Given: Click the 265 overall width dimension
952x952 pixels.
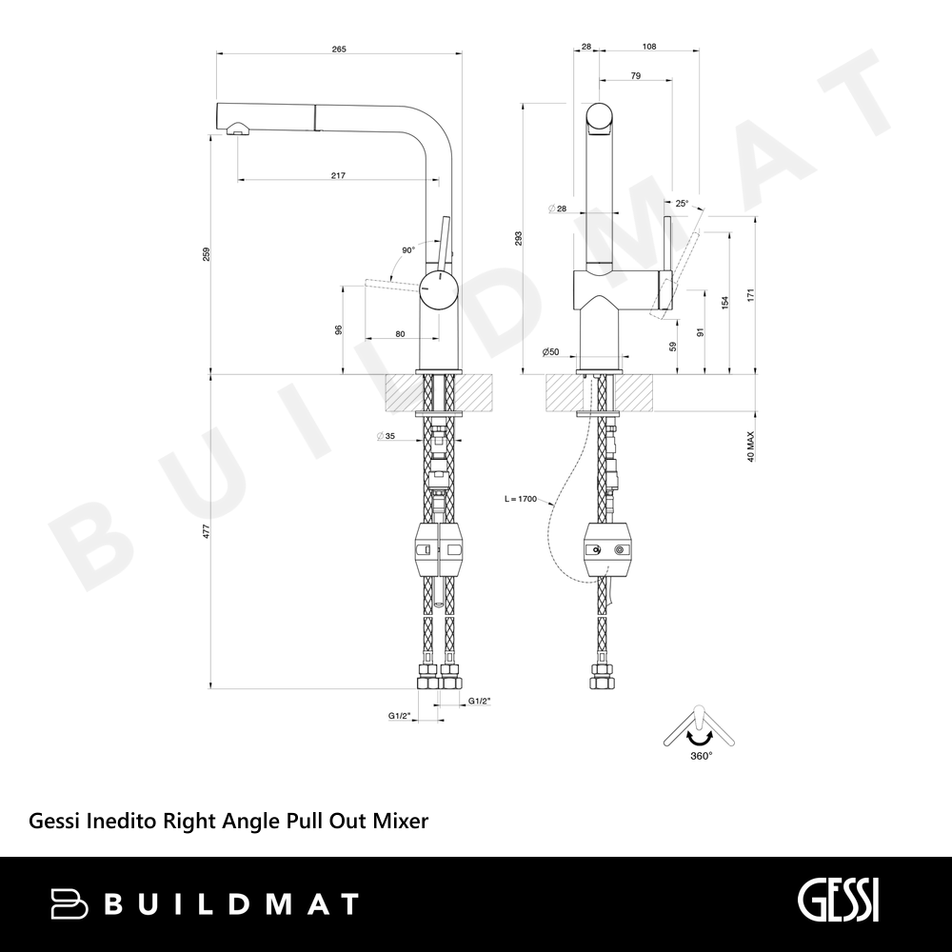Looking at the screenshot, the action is [339, 50].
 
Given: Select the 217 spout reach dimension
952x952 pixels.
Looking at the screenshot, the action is [338, 175].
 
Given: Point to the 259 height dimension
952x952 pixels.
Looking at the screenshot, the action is [207, 254].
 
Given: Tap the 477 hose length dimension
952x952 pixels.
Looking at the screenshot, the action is [207, 531].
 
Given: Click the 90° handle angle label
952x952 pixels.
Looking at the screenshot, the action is [408, 249].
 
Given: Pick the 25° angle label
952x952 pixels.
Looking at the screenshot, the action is [682, 204].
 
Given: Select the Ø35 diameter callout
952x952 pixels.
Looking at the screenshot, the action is [386, 436].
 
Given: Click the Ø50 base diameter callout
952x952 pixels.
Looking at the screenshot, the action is [550, 351].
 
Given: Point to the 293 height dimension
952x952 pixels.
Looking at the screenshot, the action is [518, 239].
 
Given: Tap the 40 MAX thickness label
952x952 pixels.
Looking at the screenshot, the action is [750, 446].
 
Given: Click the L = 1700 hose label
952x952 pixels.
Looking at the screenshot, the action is [521, 499].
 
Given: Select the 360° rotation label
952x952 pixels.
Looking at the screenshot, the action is [702, 756].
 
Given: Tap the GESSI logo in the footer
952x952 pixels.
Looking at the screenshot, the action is [838, 901].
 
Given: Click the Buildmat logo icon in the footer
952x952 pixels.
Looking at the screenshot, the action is [69, 903].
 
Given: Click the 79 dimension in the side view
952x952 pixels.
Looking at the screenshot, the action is [636, 76].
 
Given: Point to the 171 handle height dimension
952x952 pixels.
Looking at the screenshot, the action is [750, 296].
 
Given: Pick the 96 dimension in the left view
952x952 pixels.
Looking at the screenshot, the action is [339, 329].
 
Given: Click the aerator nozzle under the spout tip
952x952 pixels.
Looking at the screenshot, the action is [238, 129].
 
